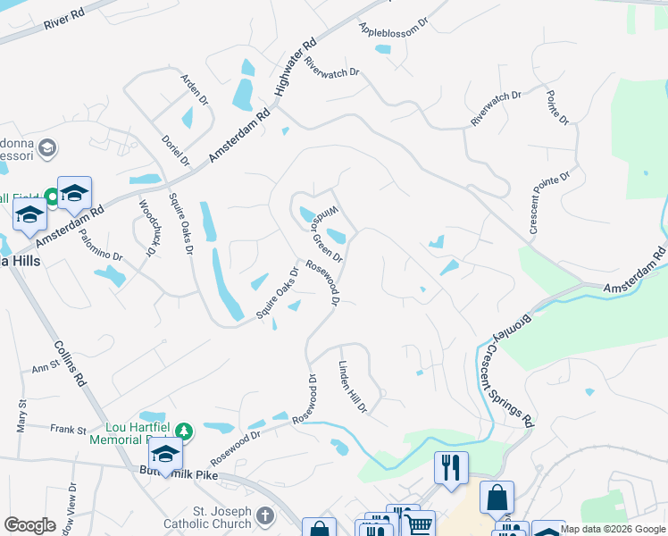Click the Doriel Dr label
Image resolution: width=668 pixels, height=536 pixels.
click(x=177, y=149)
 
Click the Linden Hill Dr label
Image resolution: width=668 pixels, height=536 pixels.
click(x=353, y=387)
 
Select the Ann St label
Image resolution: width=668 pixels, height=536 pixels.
click(x=45, y=367)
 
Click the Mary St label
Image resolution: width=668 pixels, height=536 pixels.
click(x=21, y=416)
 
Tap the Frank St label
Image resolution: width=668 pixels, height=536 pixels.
click(x=67, y=430)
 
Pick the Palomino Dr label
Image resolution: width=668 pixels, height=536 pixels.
click(x=99, y=243)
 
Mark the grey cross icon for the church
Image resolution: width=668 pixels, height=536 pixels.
click(x=264, y=515)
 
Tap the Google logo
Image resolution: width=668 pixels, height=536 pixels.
click(x=29, y=524)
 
